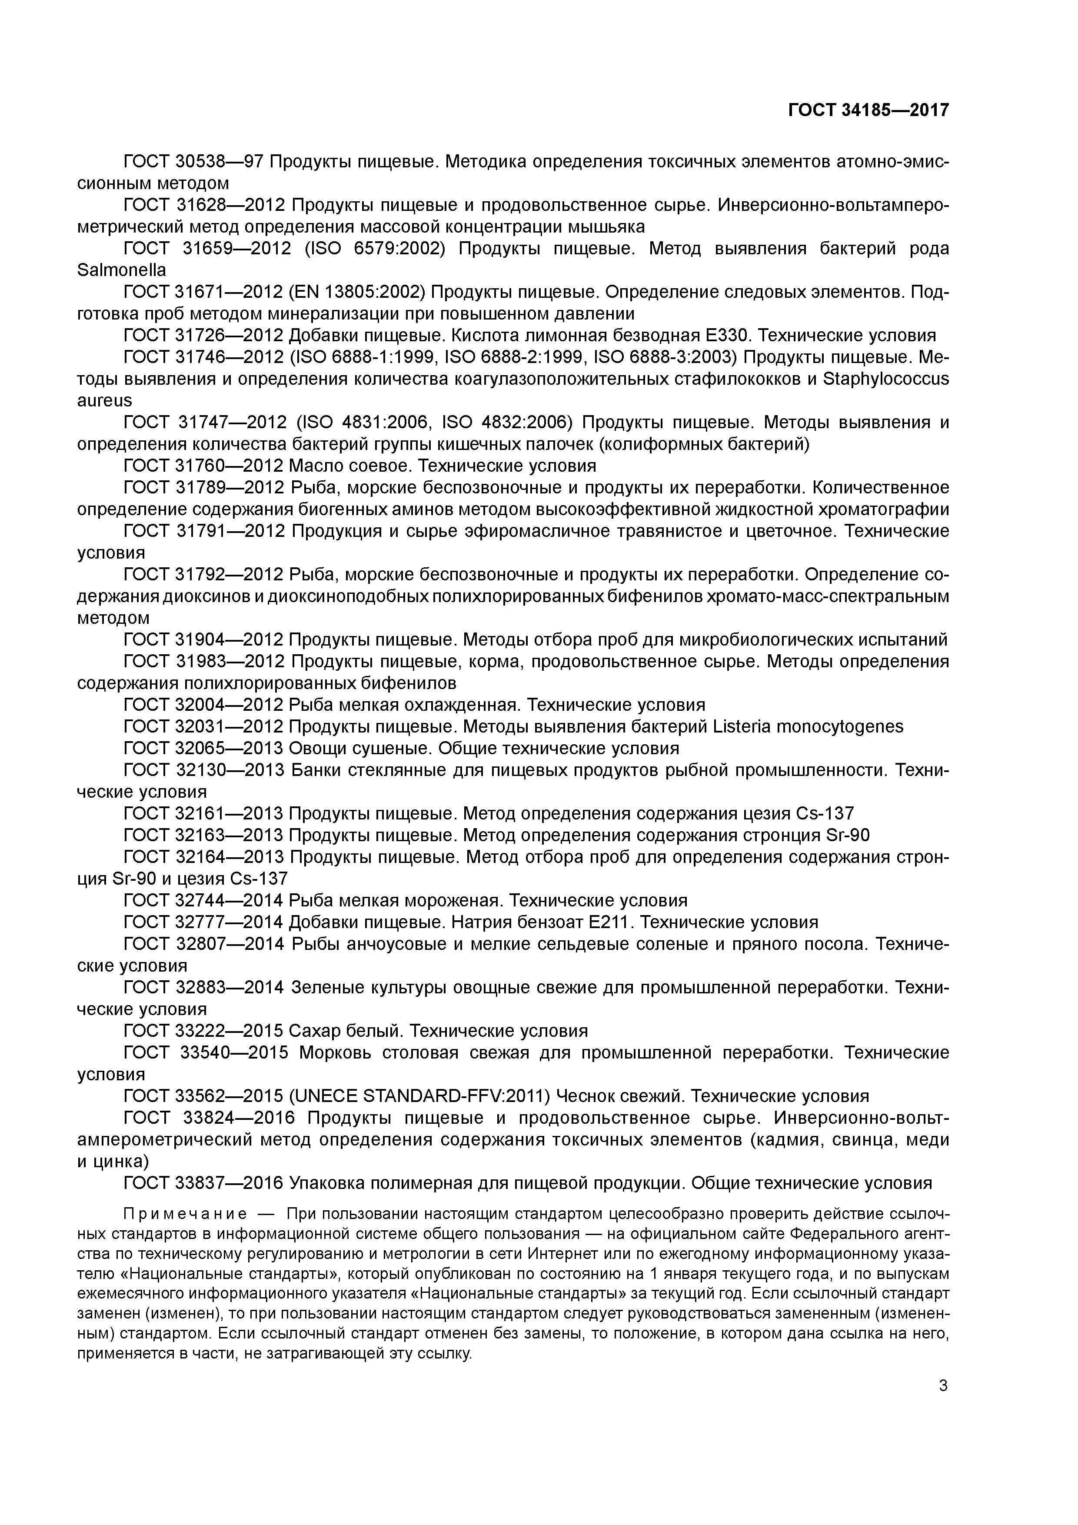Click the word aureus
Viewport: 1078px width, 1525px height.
[104, 400]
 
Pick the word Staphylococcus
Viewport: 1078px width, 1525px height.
[886, 379]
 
